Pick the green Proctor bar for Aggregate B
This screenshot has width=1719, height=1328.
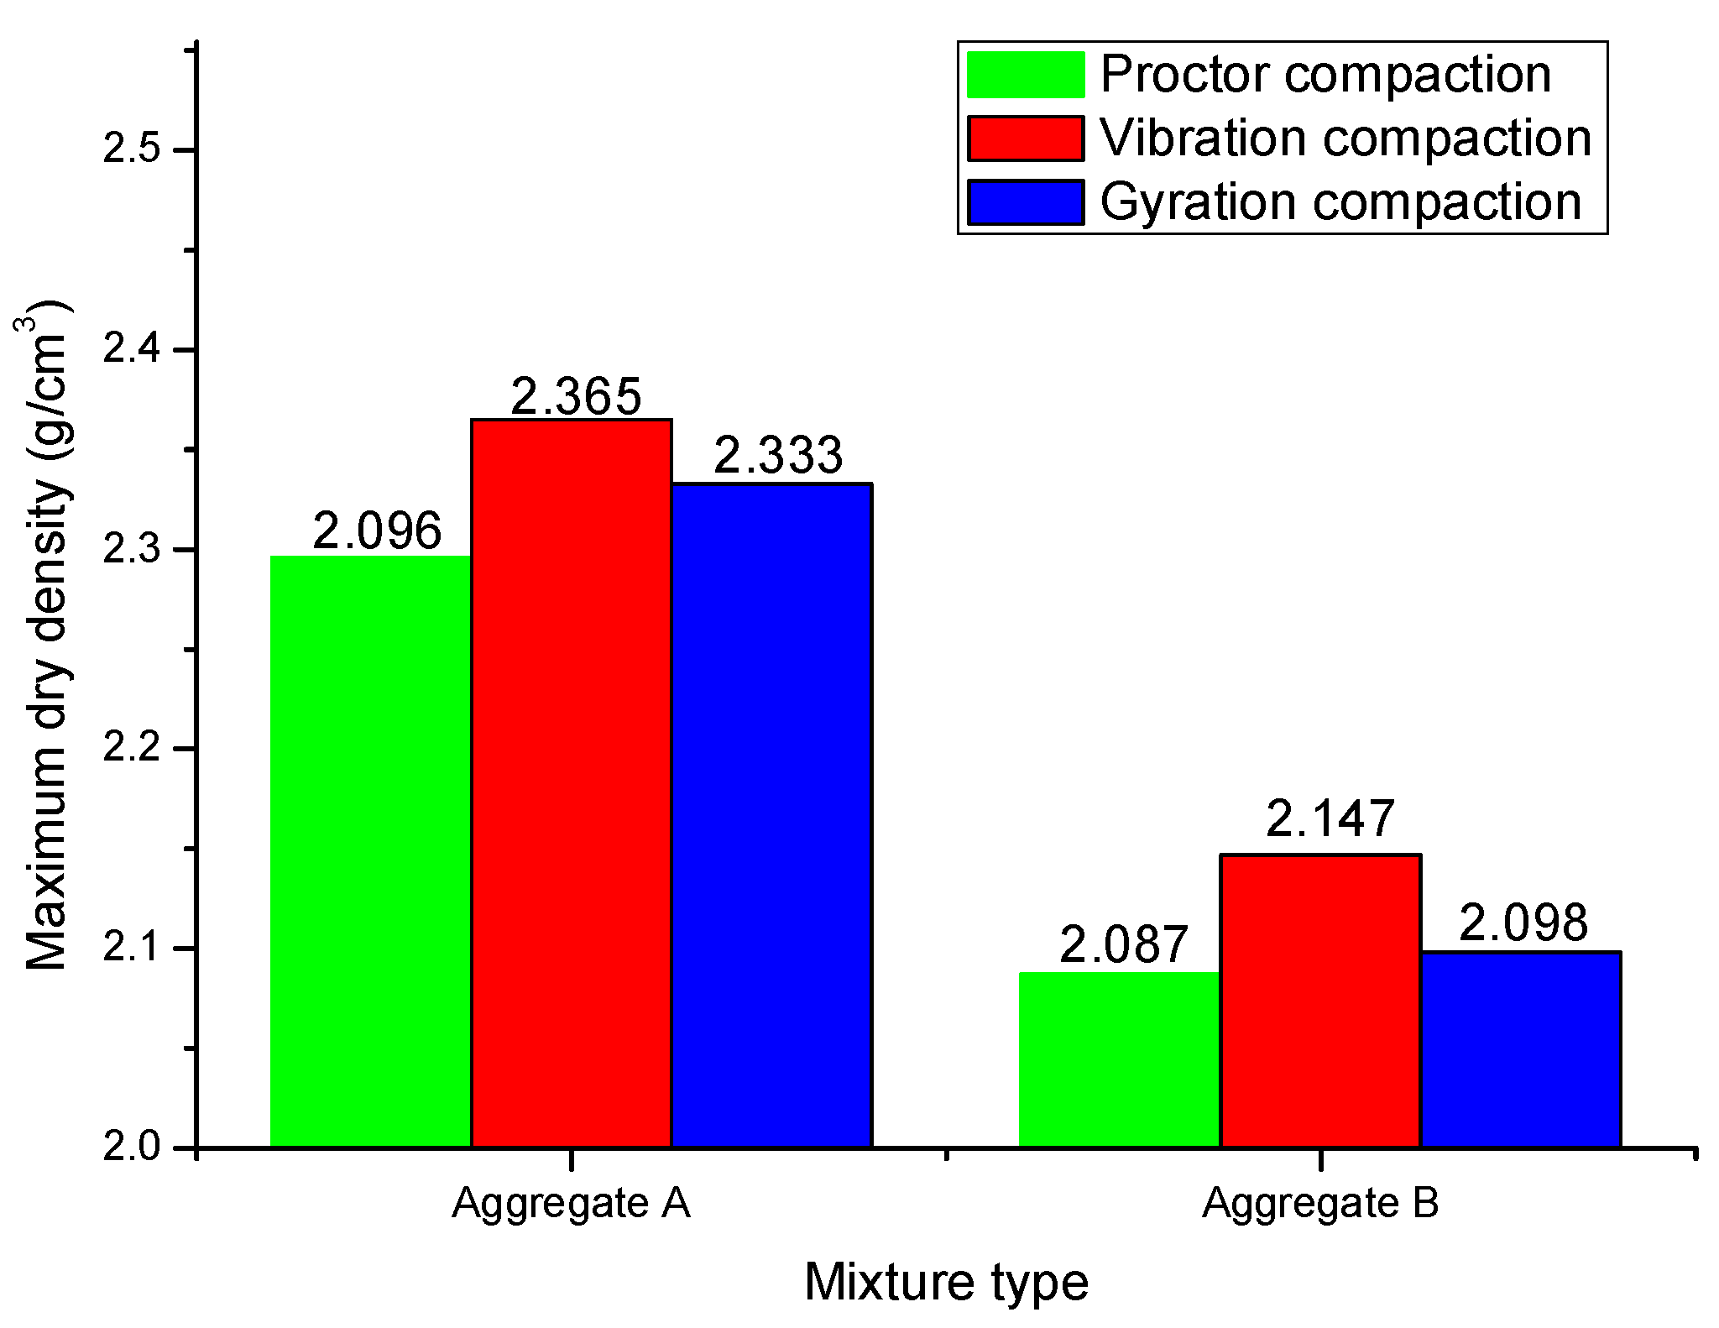pyautogui.click(x=1119, y=1059)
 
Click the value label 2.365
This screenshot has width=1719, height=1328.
pyautogui.click(x=576, y=396)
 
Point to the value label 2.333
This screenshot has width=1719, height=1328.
pyautogui.click(x=778, y=456)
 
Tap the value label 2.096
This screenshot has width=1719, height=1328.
pyautogui.click(x=377, y=531)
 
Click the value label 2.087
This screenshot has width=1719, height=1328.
pyautogui.click(x=1124, y=944)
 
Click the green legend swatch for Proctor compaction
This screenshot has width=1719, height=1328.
pyautogui.click(x=1025, y=75)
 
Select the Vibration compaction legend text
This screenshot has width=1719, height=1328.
pyautogui.click(x=1345, y=138)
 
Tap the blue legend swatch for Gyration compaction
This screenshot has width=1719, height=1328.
pyautogui.click(x=1025, y=202)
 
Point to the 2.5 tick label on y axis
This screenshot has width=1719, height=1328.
pyautogui.click(x=131, y=150)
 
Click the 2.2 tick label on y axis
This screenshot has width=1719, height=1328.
pyautogui.click(x=131, y=749)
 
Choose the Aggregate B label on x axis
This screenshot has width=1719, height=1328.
pyautogui.click(x=1320, y=1202)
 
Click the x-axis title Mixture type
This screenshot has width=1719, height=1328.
pyautogui.click(x=946, y=1281)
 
